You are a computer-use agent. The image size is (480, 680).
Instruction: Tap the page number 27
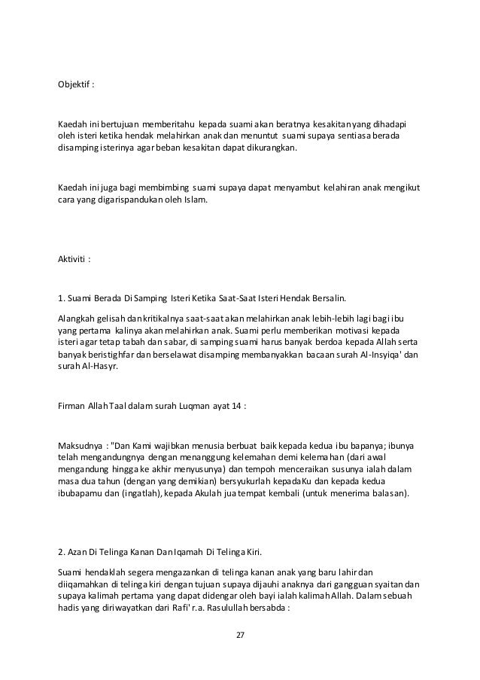tap(240, 635)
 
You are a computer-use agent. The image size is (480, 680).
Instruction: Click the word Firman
tap(73, 404)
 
